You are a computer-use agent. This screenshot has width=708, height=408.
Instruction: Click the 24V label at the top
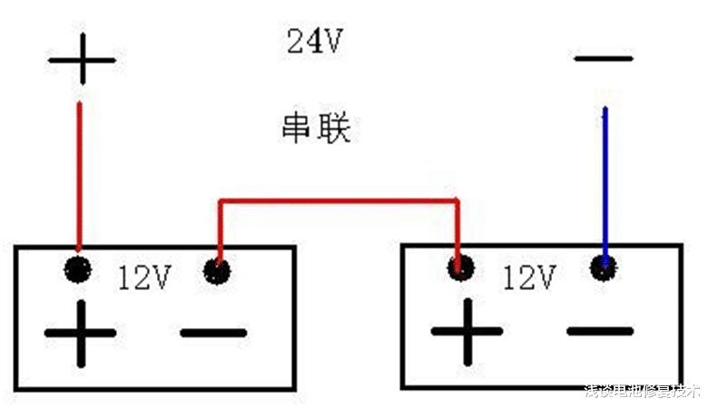[x=314, y=42]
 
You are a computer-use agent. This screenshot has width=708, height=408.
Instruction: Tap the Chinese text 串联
[x=314, y=128]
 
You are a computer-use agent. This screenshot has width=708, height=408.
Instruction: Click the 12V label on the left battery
[x=144, y=277]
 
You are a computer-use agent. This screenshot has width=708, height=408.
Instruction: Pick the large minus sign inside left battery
[x=213, y=333]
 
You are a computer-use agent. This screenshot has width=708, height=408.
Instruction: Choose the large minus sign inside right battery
[x=599, y=331]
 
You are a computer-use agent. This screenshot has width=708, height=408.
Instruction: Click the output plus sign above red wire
[x=82, y=61]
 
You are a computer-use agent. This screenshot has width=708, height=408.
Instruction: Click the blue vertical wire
[x=605, y=181]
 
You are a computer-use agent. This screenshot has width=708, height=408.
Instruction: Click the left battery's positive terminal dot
[x=79, y=268]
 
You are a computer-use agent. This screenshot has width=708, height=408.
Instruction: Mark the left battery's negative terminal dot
[x=217, y=269]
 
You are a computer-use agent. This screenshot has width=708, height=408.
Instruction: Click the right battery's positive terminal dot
[x=461, y=267]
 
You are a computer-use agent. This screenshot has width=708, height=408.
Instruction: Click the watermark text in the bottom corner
[x=643, y=392]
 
